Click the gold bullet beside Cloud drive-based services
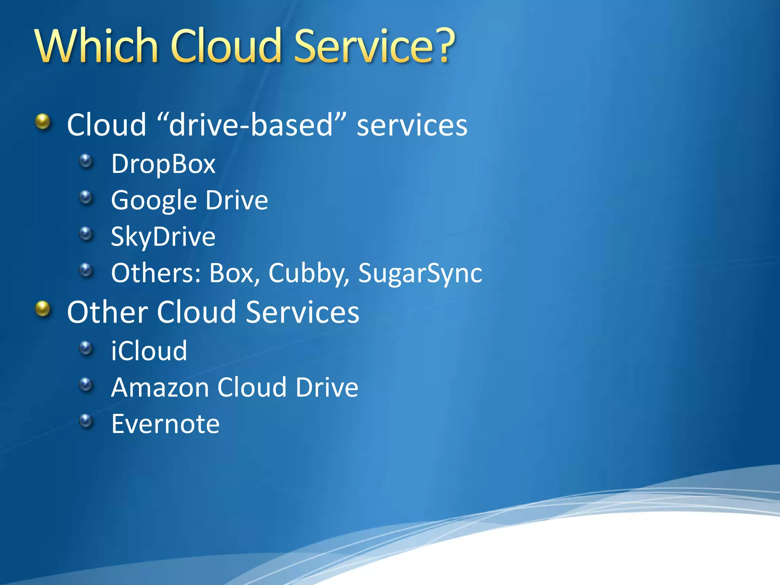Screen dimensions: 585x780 point(43,122)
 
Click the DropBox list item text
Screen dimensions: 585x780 point(163,164)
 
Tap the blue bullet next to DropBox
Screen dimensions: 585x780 point(86,161)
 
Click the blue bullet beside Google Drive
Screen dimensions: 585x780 point(86,198)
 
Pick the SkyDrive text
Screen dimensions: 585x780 point(163,237)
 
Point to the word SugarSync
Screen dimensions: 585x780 point(420,273)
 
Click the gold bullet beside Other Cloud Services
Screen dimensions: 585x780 point(43,309)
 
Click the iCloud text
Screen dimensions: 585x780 point(149,351)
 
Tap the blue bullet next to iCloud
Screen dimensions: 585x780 point(86,348)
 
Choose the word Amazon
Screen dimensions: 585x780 point(160,387)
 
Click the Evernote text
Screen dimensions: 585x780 point(165,424)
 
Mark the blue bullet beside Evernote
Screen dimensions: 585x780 point(86,421)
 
